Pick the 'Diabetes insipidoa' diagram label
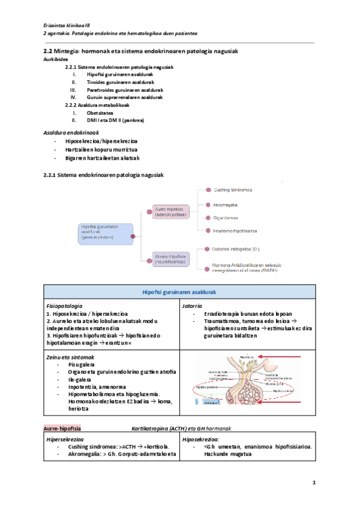coord(236,248)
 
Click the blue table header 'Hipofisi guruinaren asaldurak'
coord(179,292)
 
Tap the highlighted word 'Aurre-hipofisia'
coord(62,429)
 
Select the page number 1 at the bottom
coord(314,483)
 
